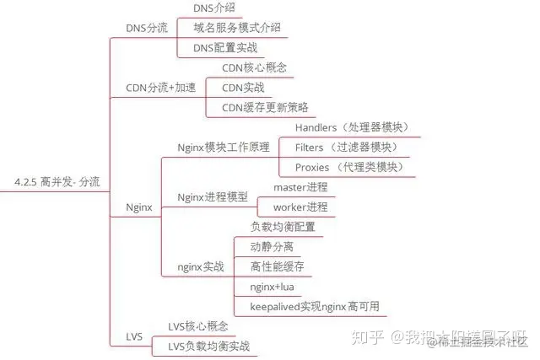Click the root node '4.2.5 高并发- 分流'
(x=57, y=180)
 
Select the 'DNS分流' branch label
(x=146, y=28)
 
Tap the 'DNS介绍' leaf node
(x=214, y=8)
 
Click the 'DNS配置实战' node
(x=224, y=48)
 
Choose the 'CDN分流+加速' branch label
(x=160, y=88)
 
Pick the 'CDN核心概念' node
(x=253, y=67)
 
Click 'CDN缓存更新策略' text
(x=264, y=107)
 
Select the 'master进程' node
(x=300, y=186)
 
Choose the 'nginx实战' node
(x=201, y=266)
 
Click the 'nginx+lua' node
(x=271, y=287)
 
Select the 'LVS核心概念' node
(x=198, y=326)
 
